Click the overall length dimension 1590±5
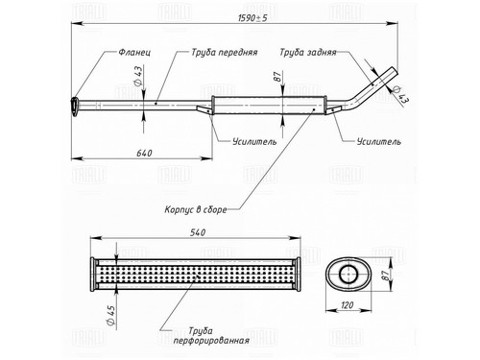tap(252, 18)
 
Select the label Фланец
tap(134, 52)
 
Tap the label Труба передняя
tap(225, 53)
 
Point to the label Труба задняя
tap(308, 53)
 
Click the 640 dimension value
tap(144, 154)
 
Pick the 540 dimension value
tap(198, 232)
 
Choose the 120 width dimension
tap(348, 305)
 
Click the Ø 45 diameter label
tap(110, 315)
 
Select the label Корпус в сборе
tap(196, 209)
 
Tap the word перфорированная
tap(211, 340)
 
